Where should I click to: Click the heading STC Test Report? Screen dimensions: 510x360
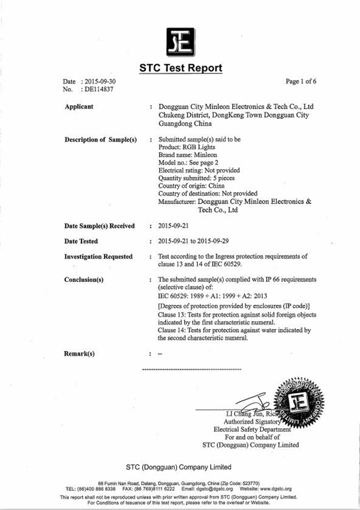pyautogui.click(x=181, y=68)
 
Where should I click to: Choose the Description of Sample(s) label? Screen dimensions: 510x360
pyautogui.click(x=101, y=139)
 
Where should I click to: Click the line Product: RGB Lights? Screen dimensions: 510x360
pyautogui.click(x=187, y=146)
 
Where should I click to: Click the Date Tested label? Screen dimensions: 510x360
pyautogui.click(x=81, y=241)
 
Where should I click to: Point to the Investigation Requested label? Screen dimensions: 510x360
pyautogui.click(x=98, y=256)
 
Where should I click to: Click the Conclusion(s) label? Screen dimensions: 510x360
pyautogui.click(x=84, y=280)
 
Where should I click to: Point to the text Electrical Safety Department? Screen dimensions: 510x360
pyautogui.click(x=252, y=429)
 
